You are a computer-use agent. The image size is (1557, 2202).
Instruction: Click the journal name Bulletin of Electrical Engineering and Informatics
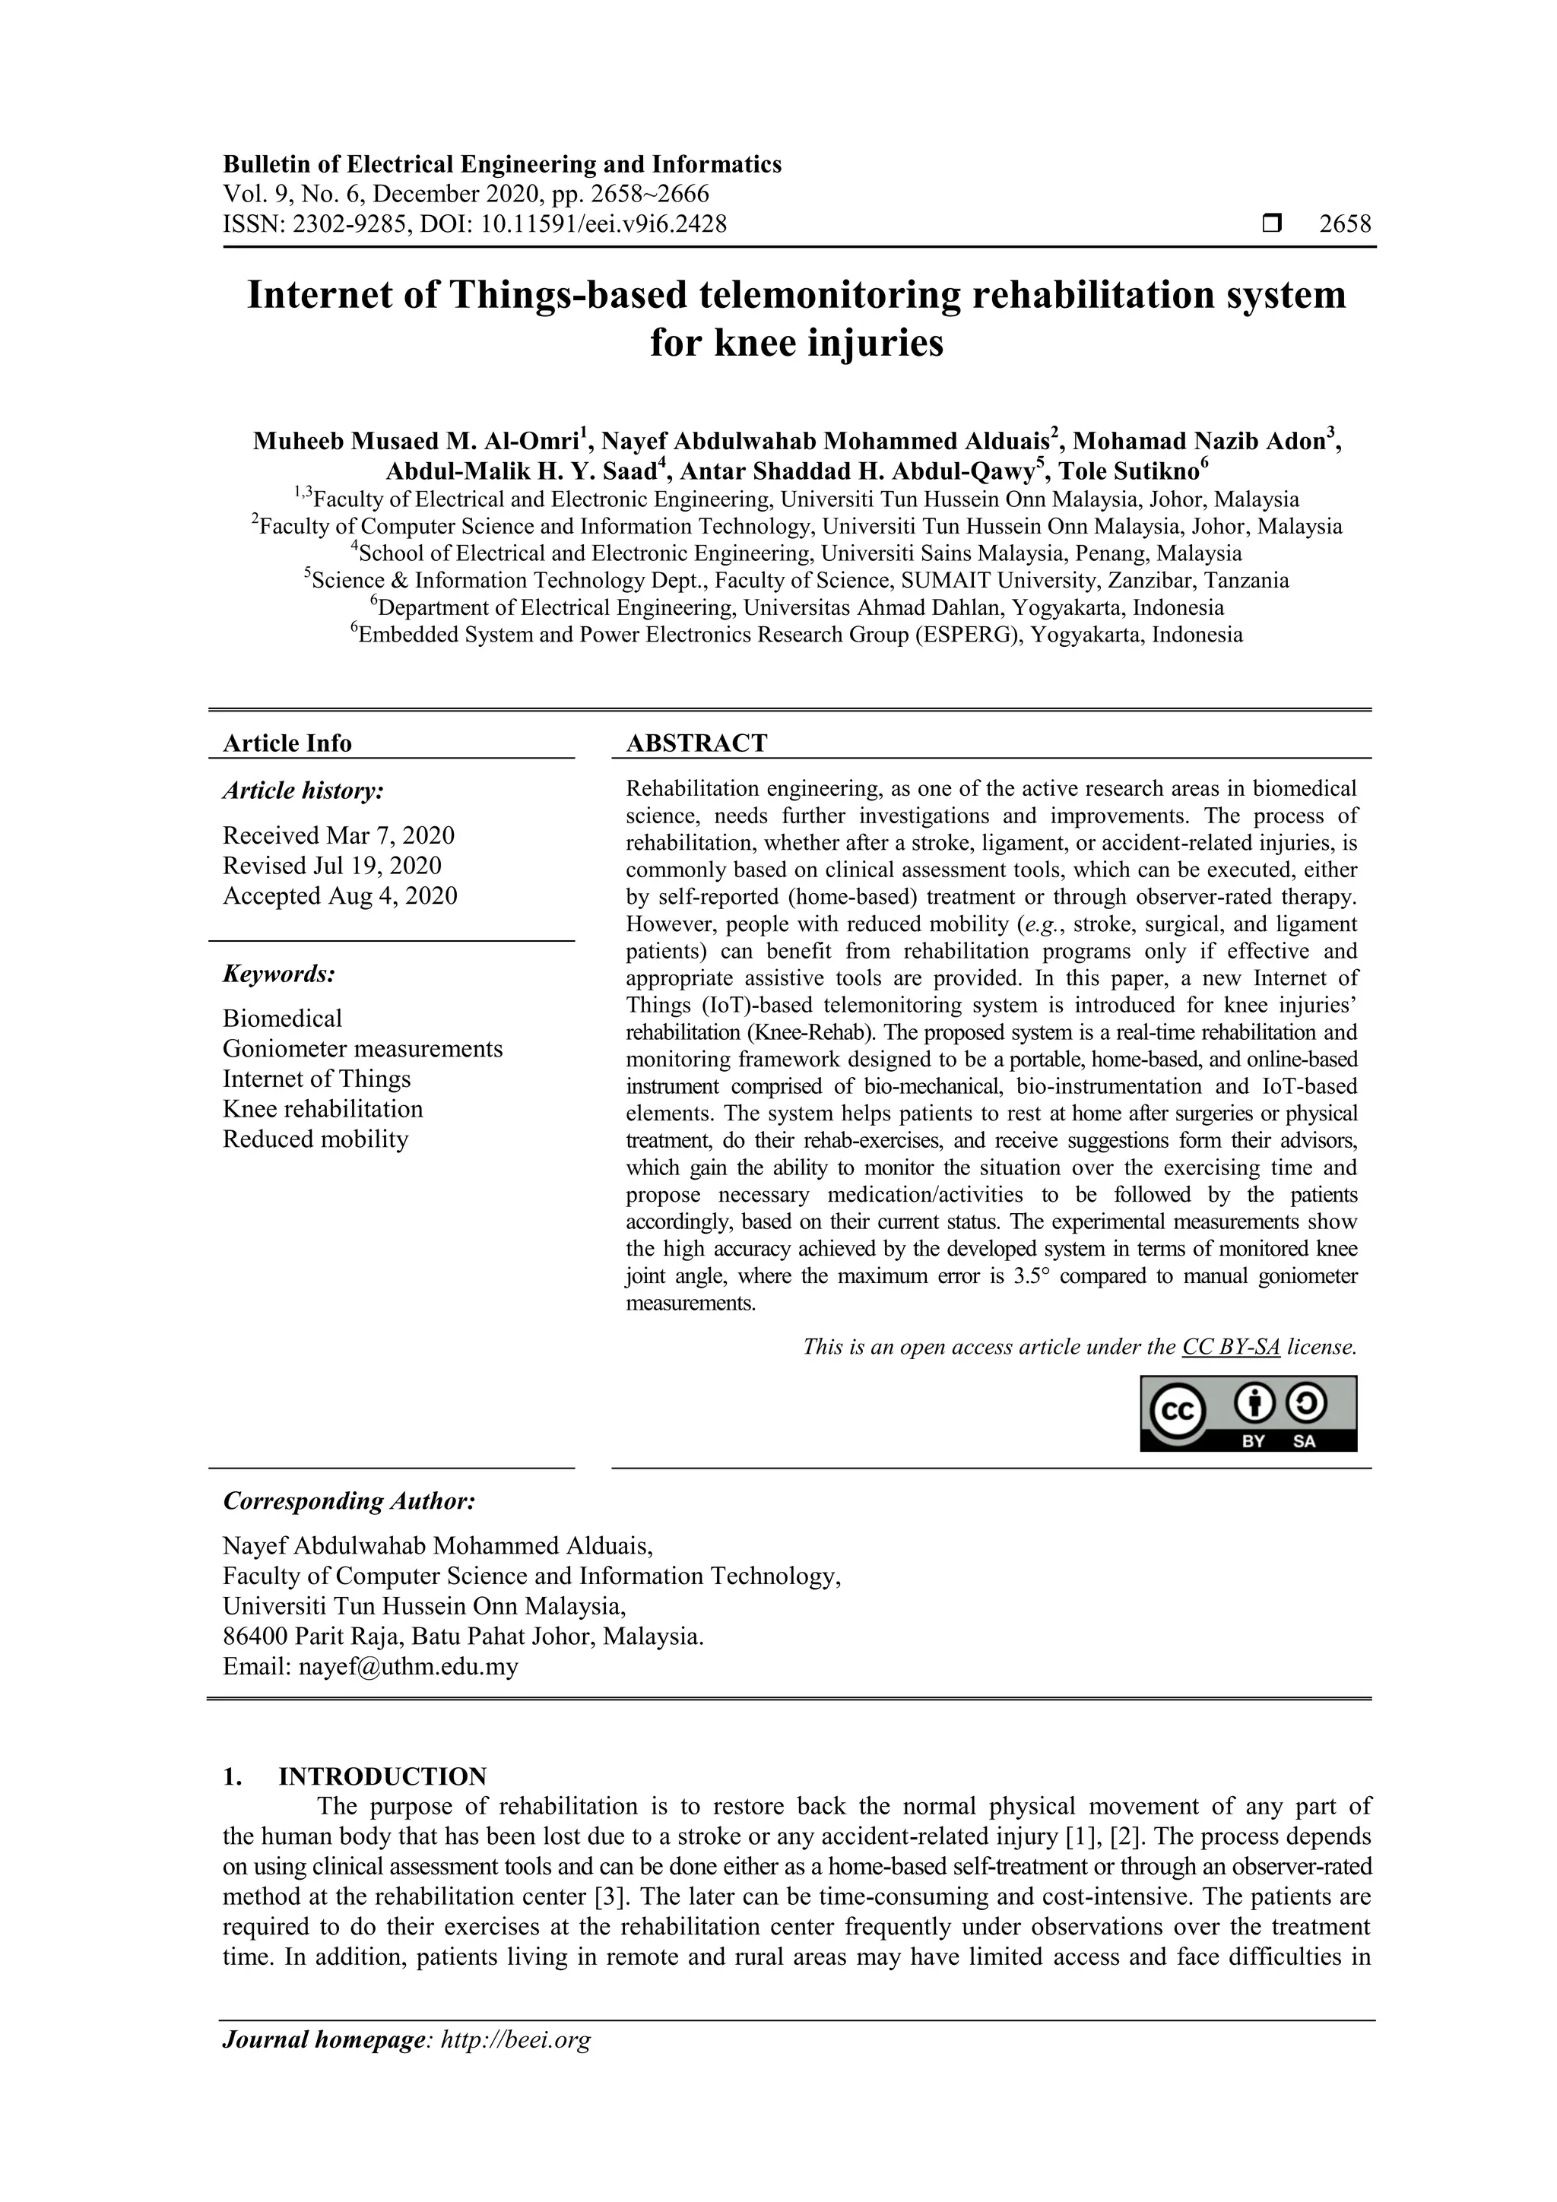coord(502,164)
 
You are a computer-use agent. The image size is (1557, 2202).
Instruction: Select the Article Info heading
coord(287,743)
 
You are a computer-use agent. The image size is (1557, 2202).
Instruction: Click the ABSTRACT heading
coord(696,743)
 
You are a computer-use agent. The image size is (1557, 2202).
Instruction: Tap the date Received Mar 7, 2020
coord(338,835)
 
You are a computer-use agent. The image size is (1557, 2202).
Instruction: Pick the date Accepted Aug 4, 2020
coord(340,895)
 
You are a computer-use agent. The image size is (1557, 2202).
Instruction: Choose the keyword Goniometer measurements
coord(363,1048)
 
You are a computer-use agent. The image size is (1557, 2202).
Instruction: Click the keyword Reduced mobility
coord(316,1139)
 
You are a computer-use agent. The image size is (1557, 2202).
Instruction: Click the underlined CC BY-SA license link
coord(1231,1347)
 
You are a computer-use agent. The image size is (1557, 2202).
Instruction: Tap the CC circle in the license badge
coord(1176,1413)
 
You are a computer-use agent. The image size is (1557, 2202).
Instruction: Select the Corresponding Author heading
coord(348,1501)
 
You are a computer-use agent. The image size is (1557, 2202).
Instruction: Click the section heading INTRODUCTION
coord(382,1776)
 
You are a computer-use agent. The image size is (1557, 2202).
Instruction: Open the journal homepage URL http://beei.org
coord(515,2040)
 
